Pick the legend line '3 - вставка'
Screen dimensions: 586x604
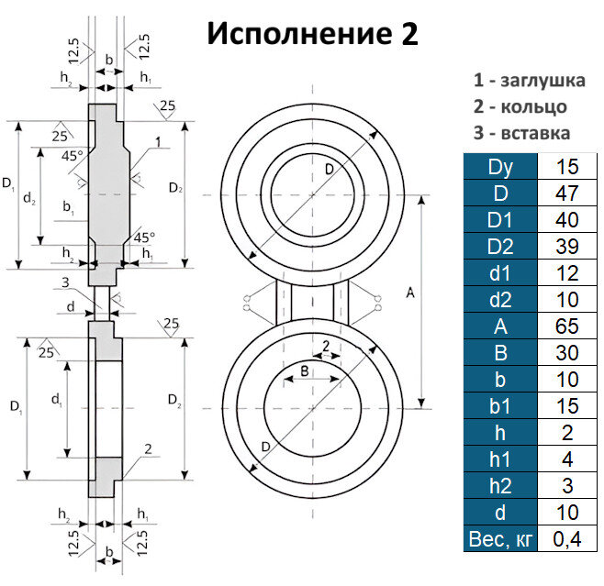point(521,133)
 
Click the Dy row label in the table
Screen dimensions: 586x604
point(499,168)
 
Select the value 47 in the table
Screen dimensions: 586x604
point(570,194)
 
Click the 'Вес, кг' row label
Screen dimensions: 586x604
point(499,538)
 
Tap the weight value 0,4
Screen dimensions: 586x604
point(570,538)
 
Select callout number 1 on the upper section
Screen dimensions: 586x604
point(158,143)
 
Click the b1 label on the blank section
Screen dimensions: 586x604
point(69,209)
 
